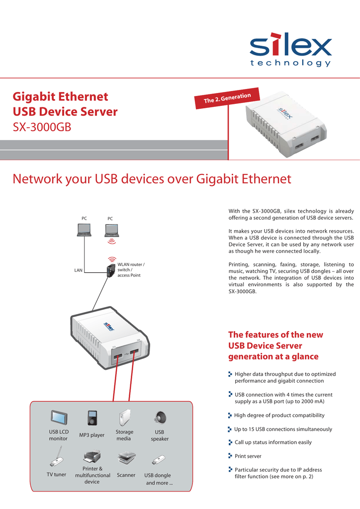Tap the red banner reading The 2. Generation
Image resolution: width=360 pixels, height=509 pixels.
click(227, 97)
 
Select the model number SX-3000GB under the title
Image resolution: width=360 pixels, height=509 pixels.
click(42, 127)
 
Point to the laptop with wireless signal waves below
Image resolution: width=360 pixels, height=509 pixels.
click(112, 230)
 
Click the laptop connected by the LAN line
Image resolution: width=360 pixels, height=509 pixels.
click(84, 230)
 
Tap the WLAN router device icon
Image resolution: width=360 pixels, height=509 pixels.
click(109, 270)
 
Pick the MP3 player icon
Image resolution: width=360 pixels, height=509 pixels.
click(92, 418)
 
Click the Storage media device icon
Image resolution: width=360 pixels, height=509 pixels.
click(124, 418)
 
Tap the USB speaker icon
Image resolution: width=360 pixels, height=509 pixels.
click(160, 417)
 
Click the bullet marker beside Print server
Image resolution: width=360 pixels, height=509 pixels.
click(230, 455)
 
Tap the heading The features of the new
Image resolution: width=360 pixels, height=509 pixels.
click(275, 335)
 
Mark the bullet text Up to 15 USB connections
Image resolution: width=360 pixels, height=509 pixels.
click(283, 429)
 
